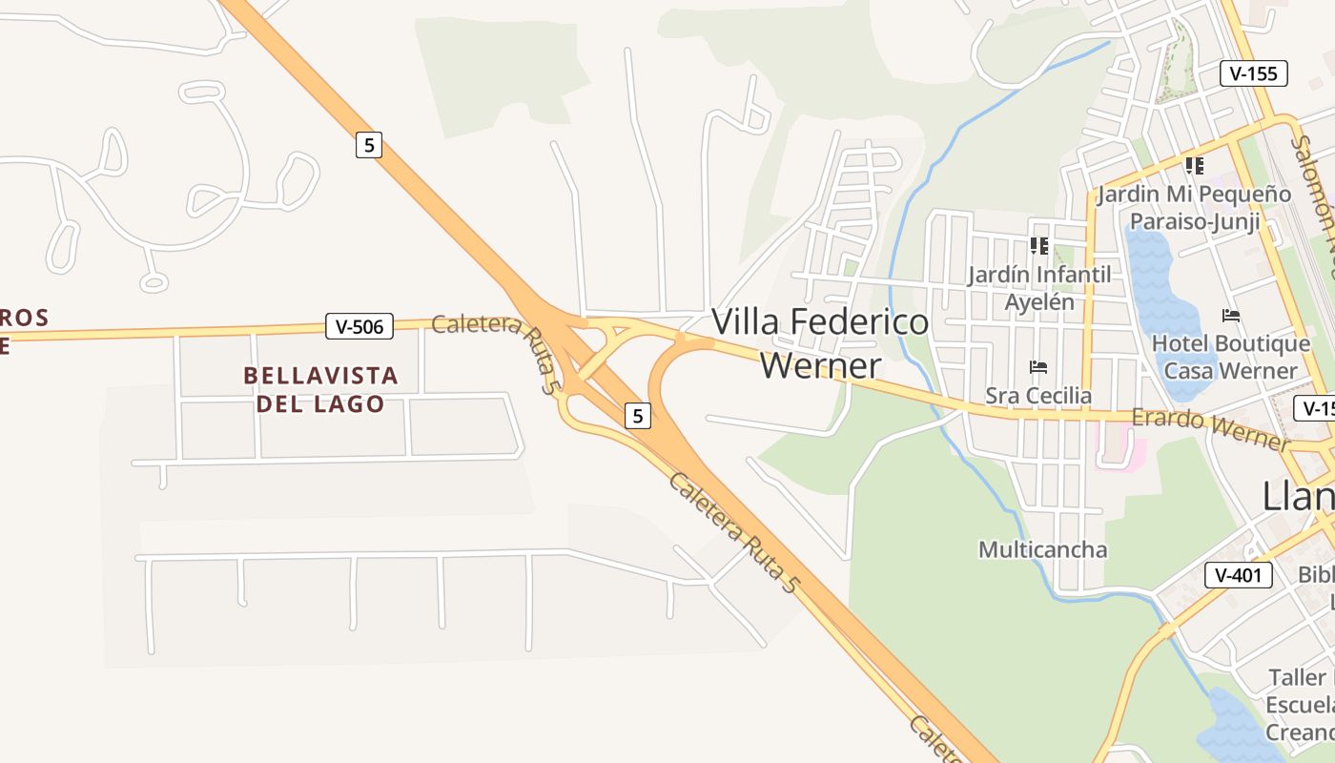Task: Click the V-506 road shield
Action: (x=359, y=326)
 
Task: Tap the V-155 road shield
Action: (x=1254, y=73)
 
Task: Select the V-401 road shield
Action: (x=1239, y=575)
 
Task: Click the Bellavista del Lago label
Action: (x=320, y=389)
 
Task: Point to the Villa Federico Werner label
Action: (x=820, y=343)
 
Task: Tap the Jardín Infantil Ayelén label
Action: (x=1038, y=288)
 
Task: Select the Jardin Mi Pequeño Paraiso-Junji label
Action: (x=1194, y=208)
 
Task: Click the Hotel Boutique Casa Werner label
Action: (x=1231, y=357)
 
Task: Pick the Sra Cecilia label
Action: (x=1038, y=395)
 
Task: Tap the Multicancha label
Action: (x=1042, y=549)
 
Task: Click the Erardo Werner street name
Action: (x=1209, y=428)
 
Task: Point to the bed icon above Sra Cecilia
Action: (x=1038, y=367)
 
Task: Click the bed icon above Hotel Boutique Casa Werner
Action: (x=1231, y=316)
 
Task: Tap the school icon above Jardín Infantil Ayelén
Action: (x=1038, y=246)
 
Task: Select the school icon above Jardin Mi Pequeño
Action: (x=1194, y=166)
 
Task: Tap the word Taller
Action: (x=1297, y=678)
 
